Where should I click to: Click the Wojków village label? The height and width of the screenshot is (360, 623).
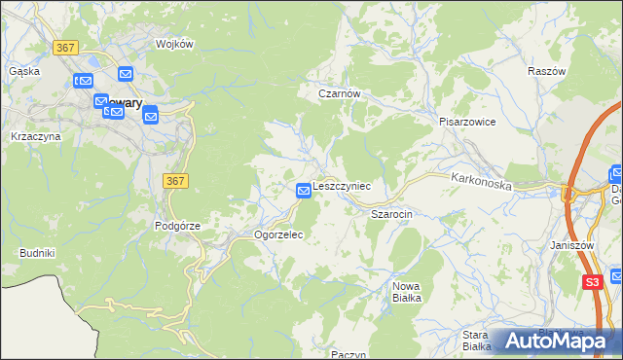[x=176, y=44]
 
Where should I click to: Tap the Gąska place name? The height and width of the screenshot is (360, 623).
[x=23, y=71]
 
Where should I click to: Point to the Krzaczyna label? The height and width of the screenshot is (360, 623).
[x=36, y=136]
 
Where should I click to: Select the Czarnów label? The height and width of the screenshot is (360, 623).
[x=341, y=93]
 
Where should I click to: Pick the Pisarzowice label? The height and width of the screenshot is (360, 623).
[x=467, y=122]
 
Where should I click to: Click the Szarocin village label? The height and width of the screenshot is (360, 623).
[x=392, y=212]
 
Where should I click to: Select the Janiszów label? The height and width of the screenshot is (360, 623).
[x=571, y=245]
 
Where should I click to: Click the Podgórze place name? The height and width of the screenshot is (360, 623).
[x=177, y=226]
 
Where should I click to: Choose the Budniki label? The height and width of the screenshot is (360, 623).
[x=37, y=253]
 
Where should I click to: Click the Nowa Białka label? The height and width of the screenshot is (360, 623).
[x=407, y=292]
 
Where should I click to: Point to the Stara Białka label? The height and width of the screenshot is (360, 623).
[x=477, y=341]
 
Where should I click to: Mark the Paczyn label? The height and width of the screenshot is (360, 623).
[x=348, y=355]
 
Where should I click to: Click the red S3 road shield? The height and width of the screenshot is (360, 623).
[x=593, y=282]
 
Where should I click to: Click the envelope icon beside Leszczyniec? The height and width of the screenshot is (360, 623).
[x=304, y=189]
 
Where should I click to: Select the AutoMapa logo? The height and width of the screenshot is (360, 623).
[x=557, y=342]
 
